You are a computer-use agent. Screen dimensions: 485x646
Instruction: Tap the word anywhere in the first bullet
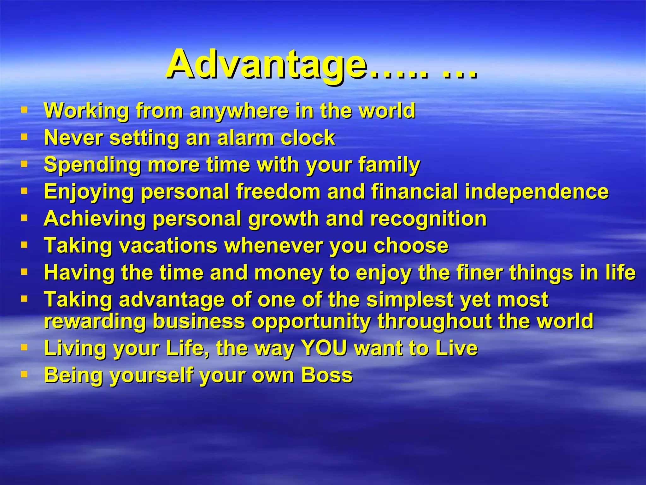239,111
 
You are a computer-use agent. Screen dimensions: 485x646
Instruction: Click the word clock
308,138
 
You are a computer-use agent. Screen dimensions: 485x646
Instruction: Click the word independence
537,192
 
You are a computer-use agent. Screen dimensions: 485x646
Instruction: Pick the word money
288,273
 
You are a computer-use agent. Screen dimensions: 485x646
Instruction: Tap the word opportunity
311,321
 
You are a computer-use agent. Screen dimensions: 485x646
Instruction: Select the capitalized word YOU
324,348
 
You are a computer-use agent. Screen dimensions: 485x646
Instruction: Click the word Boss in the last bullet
327,375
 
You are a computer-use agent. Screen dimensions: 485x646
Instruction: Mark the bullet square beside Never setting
24,137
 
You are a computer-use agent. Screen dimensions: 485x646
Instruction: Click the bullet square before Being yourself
24,374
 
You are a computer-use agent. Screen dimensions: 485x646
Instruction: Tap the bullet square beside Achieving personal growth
24,218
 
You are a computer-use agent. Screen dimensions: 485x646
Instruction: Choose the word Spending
92,165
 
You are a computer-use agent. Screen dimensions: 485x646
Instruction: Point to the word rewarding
95,321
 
